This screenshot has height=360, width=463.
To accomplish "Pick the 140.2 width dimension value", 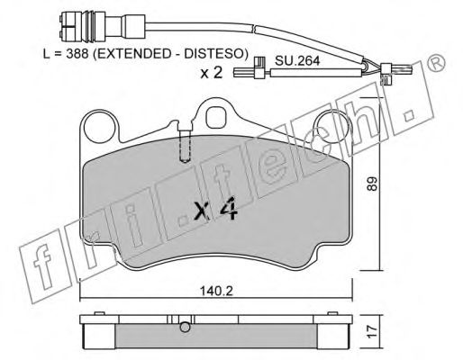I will (217, 291).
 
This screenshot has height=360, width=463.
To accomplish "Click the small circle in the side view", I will (184, 327).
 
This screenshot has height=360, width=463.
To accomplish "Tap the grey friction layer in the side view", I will (216, 338).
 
